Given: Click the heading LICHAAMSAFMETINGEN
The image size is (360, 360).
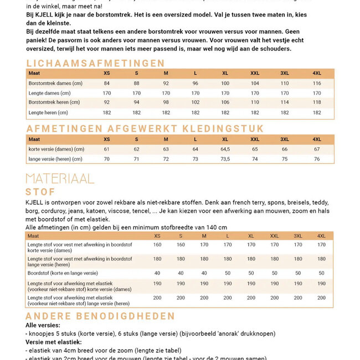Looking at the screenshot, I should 95,63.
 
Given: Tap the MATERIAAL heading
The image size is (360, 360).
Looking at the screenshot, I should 60,178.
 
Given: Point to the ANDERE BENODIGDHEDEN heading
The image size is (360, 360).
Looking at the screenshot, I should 100,316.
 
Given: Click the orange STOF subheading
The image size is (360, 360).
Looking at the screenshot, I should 40,192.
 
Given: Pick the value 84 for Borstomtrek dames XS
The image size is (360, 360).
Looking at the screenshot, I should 106,83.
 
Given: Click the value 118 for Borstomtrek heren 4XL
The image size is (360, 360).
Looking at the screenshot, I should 316,102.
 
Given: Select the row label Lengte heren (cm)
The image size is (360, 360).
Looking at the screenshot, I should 49,112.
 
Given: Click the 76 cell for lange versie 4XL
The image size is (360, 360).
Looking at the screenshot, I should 316,159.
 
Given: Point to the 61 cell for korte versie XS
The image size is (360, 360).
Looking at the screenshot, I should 106,149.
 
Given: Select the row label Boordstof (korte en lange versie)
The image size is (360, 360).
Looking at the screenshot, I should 63,273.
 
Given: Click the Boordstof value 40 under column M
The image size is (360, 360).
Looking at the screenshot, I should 204,273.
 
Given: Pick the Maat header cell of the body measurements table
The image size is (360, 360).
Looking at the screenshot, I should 34,73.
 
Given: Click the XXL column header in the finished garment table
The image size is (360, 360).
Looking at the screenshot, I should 255,139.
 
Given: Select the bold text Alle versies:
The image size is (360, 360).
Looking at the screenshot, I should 43,325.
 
